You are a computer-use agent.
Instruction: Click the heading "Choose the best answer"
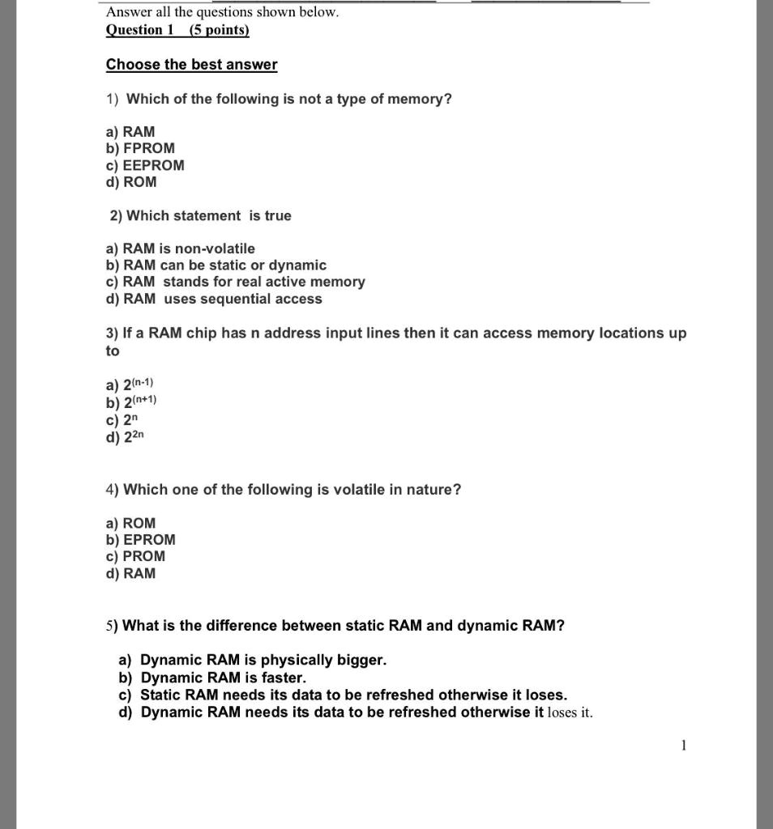coord(191,65)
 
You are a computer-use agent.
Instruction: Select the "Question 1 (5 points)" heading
coord(177,30)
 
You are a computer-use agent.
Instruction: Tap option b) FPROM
coord(140,148)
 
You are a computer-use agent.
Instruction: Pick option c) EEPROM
coord(145,165)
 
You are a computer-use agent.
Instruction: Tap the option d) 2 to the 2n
coord(125,437)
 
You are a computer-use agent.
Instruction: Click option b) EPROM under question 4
coord(140,539)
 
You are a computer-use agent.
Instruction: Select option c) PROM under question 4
coord(135,556)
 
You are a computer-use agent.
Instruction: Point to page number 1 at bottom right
coord(684,746)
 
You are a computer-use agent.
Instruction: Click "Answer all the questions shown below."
coord(223,12)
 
